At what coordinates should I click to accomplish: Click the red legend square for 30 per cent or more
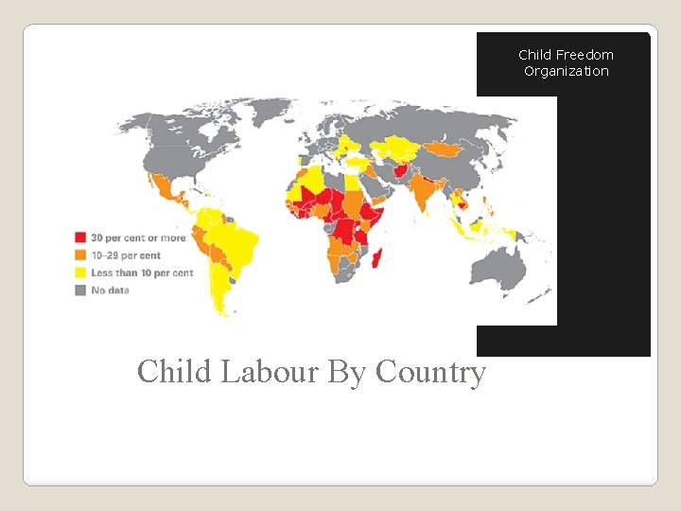tap(81, 238)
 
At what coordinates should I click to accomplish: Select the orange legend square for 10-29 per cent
tap(81, 255)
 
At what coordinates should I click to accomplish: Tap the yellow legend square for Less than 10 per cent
tap(81, 273)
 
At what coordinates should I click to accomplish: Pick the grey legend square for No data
tap(81, 290)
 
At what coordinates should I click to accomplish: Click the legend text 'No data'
tap(110, 290)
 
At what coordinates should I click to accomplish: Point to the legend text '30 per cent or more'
tap(138, 238)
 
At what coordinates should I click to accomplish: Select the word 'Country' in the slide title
tap(430, 372)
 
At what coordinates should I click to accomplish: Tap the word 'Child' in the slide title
tap(175, 372)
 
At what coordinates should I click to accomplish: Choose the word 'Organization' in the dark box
tap(567, 71)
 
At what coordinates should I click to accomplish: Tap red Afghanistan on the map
tap(404, 172)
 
